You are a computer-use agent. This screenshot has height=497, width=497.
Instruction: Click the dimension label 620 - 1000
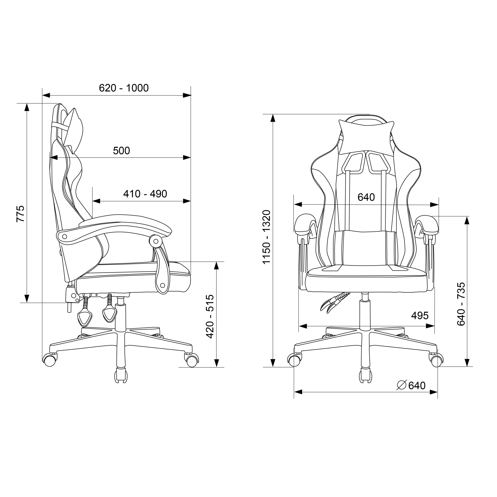coord(124,88)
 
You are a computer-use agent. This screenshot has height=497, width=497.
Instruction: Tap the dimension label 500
coord(122,151)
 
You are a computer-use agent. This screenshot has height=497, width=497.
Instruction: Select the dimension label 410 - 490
coord(145,194)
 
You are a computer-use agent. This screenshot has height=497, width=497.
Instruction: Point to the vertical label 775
coord(21,214)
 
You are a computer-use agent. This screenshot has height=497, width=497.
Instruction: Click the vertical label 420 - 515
coord(210,316)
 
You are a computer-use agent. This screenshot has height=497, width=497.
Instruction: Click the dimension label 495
coord(420,316)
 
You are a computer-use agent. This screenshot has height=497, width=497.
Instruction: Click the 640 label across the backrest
coord(366,197)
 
